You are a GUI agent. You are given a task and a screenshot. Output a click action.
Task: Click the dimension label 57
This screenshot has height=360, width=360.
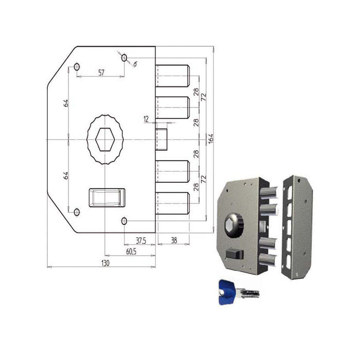[101, 73]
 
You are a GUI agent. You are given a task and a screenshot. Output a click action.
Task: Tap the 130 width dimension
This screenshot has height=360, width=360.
[105, 263]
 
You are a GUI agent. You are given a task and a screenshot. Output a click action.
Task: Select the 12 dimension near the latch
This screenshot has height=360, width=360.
[146, 119]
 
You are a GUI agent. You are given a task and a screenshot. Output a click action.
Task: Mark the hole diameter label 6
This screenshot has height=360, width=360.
[135, 64]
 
